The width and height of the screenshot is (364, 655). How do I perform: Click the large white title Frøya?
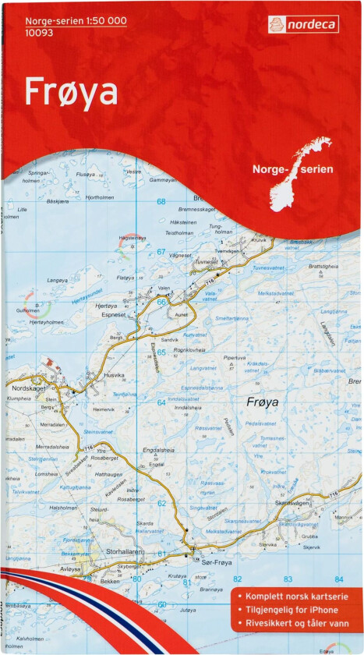71,92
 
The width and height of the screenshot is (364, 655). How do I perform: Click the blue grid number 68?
161,202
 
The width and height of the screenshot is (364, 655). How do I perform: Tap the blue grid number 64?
161,402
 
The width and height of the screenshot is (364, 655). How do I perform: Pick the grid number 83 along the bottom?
288,579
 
